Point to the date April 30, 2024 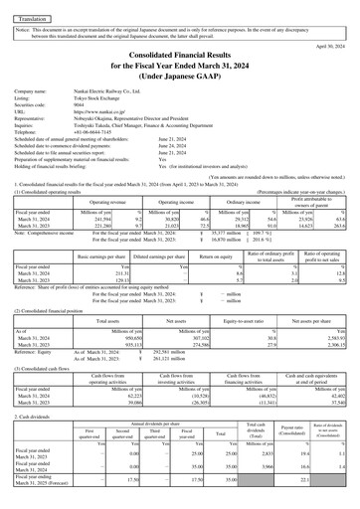[329, 46]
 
